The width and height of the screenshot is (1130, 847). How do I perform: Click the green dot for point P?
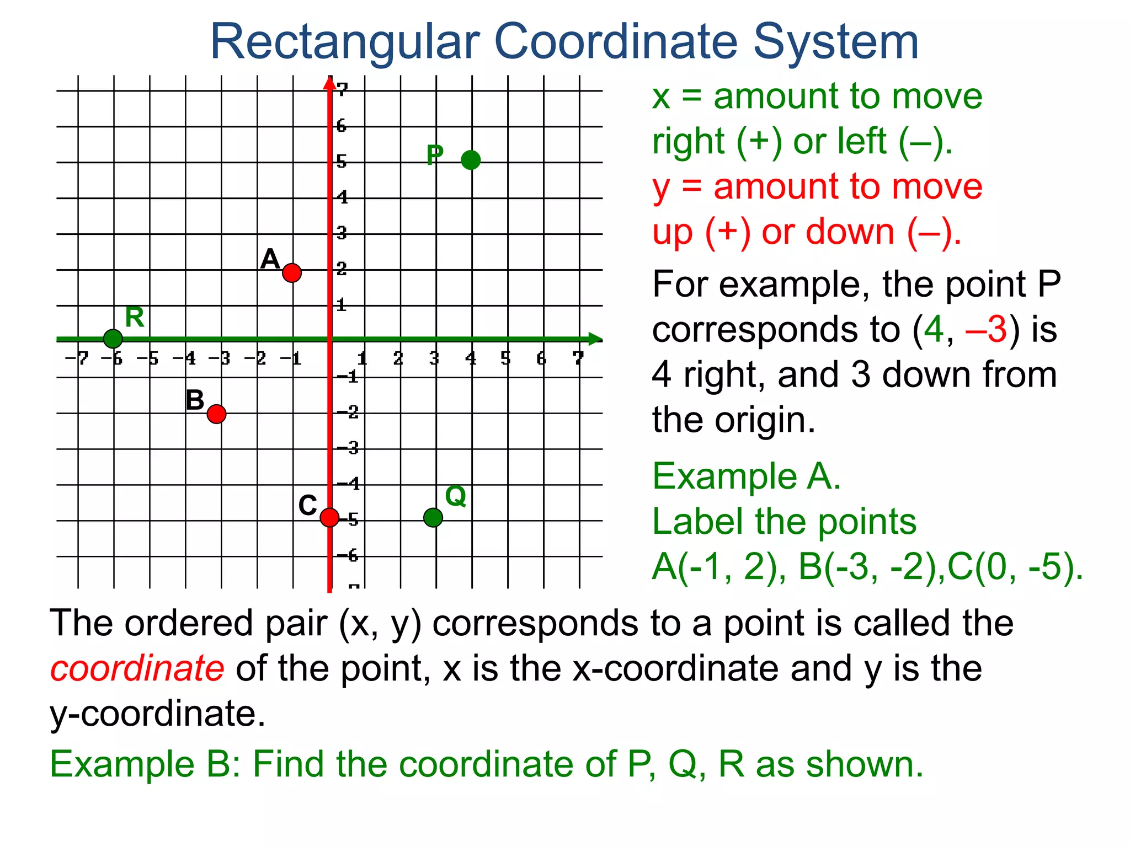click(x=471, y=160)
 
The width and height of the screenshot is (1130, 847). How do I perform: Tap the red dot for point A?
click(x=292, y=272)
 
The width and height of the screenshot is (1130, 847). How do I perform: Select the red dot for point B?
click(x=217, y=414)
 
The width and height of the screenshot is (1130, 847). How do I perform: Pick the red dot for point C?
click(x=329, y=517)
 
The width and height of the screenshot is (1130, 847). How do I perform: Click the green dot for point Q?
click(x=433, y=517)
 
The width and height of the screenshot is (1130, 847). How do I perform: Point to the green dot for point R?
click(x=113, y=339)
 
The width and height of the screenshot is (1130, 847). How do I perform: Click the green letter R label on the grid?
click(x=135, y=317)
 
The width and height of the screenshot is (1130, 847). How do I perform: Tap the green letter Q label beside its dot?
click(x=456, y=496)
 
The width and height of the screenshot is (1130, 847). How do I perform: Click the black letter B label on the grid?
click(x=195, y=400)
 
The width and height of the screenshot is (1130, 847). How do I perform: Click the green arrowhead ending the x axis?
click(x=595, y=339)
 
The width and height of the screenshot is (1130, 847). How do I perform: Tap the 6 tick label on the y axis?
click(x=342, y=126)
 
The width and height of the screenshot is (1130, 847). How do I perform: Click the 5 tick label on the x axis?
click(x=506, y=359)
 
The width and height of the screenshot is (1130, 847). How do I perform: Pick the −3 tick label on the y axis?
click(x=348, y=448)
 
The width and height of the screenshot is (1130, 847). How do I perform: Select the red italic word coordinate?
click(x=137, y=668)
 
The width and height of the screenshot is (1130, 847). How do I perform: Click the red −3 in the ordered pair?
click(x=987, y=329)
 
